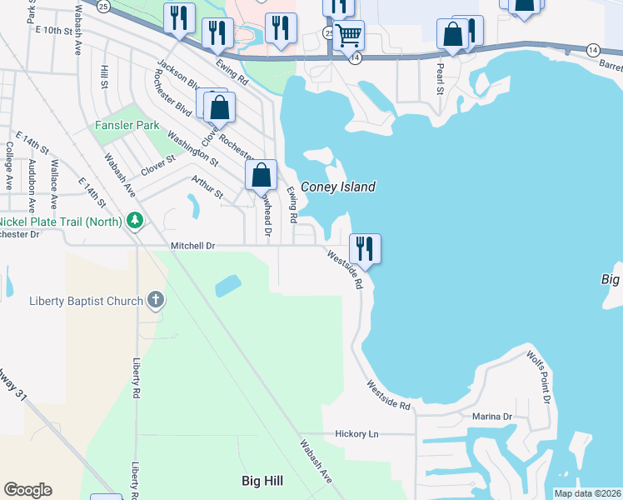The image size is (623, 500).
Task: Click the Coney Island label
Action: (337, 187)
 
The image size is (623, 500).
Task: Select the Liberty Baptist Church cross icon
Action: (155, 301)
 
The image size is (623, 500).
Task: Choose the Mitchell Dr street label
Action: (193, 246)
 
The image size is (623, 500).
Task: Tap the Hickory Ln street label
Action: (356, 434)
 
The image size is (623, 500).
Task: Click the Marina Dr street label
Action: (491, 416)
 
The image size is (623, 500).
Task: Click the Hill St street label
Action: (104, 80)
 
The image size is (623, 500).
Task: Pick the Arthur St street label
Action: (207, 187)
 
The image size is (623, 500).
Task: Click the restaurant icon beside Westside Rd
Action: (365, 247)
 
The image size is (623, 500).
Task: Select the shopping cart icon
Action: (349, 35)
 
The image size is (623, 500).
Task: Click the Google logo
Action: (27, 490)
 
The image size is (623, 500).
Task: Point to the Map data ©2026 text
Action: (587, 493)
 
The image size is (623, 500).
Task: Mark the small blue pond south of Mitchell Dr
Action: (227, 286)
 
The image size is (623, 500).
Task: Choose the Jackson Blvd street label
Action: (177, 78)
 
